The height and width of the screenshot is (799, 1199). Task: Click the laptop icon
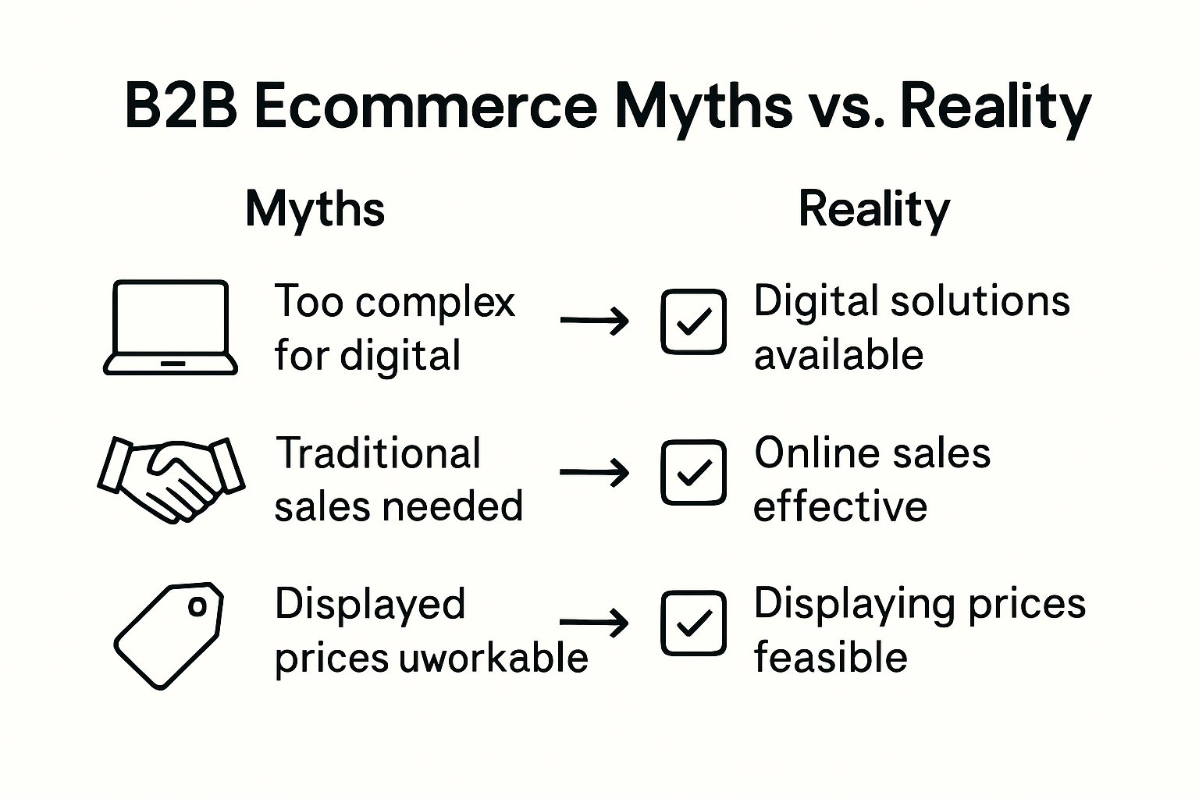(x=170, y=328)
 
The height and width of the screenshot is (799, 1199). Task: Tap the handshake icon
(x=171, y=478)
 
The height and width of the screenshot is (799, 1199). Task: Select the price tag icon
(x=168, y=634)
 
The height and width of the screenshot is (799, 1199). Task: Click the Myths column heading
(x=315, y=209)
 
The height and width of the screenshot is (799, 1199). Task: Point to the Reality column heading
(x=873, y=209)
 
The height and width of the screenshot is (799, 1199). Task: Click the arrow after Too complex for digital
(x=595, y=320)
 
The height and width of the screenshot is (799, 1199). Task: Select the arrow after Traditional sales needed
(x=595, y=472)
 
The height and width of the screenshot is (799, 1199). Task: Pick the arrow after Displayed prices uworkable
(x=595, y=623)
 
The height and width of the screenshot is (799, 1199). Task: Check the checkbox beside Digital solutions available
(x=693, y=321)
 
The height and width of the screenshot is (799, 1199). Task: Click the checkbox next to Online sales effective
(x=693, y=472)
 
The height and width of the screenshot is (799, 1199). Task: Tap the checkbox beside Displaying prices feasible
(x=693, y=623)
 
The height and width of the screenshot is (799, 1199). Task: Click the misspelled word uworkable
(x=493, y=658)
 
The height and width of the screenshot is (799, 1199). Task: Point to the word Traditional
(x=379, y=453)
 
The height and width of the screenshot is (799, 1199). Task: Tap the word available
(x=838, y=355)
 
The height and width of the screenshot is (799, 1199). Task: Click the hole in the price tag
(x=197, y=606)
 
